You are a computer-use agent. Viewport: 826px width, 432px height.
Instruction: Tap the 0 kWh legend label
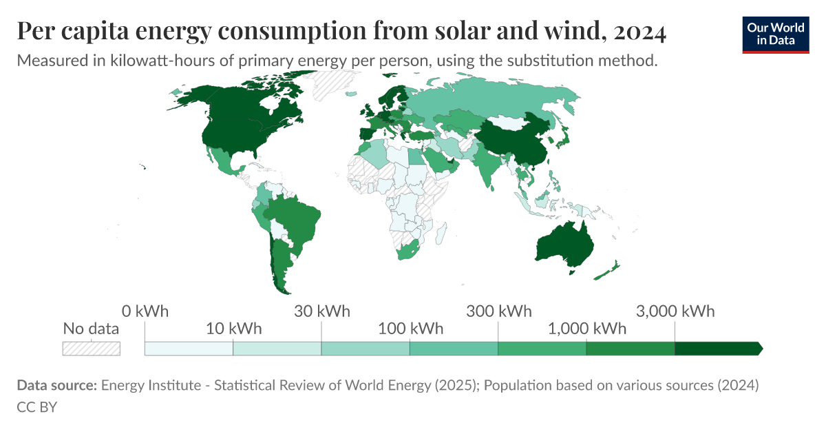(145, 311)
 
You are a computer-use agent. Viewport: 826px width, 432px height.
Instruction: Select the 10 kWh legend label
(233, 329)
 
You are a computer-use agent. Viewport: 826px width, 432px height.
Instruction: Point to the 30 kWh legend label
(321, 311)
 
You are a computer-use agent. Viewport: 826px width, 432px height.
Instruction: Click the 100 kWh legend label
(410, 329)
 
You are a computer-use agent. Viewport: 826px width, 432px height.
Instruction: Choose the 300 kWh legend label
(498, 311)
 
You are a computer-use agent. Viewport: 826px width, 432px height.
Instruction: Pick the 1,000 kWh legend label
(586, 329)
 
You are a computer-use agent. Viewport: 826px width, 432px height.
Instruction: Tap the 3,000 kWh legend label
(675, 311)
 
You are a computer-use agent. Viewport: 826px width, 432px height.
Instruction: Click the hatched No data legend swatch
(91, 348)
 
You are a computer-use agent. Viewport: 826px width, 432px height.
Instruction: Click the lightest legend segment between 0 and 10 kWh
(189, 348)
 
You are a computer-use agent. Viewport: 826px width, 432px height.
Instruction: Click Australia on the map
(564, 245)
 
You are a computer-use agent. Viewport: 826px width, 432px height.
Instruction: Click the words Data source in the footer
(56, 385)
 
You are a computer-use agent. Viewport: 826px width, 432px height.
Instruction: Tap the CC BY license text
(36, 407)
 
